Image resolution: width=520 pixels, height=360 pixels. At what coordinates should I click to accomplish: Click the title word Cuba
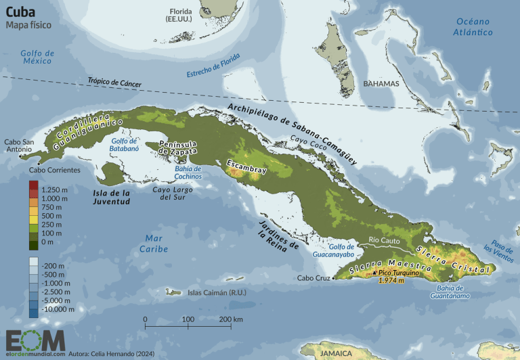[22, 11]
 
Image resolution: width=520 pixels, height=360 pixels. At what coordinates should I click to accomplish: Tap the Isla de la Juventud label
[110, 196]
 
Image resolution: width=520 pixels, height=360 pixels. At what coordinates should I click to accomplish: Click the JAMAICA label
[335, 353]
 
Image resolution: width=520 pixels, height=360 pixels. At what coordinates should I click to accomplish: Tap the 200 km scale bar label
[231, 318]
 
